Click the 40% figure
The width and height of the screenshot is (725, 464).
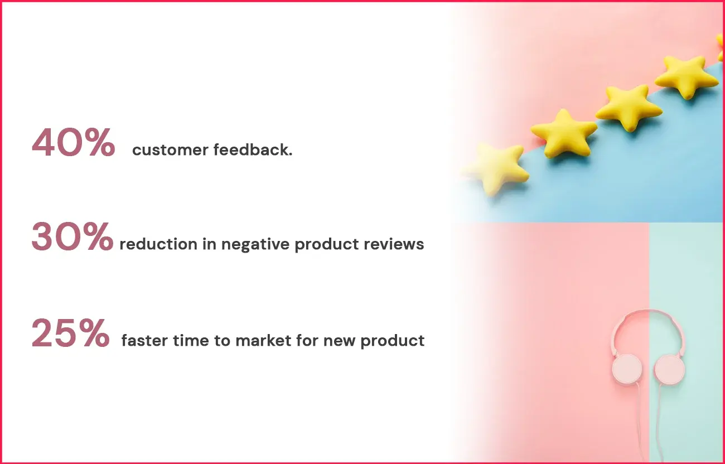coord(73,143)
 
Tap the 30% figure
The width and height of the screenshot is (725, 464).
coord(72,237)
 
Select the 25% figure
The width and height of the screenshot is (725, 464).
coord(70,333)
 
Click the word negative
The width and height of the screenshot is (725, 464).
coord(255,245)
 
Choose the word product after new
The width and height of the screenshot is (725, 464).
coord(393,341)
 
